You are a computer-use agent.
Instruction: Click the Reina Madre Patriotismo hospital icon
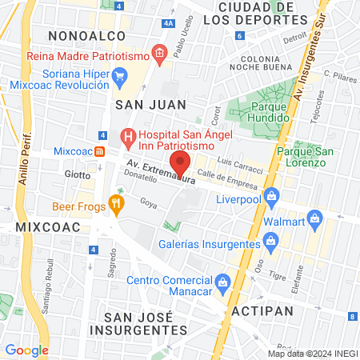click(159, 55)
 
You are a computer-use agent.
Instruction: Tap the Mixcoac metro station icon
click(98, 151)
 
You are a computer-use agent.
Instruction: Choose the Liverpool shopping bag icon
click(271, 194)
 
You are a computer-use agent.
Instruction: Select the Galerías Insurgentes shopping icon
click(270, 239)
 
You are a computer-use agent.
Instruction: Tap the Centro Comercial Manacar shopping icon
click(224, 281)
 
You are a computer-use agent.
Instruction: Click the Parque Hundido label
click(259, 112)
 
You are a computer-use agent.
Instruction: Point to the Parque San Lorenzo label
click(300, 157)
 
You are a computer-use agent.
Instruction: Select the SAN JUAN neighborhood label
click(150, 104)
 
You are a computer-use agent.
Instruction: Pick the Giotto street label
click(78, 174)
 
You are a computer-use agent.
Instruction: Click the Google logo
click(26, 350)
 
